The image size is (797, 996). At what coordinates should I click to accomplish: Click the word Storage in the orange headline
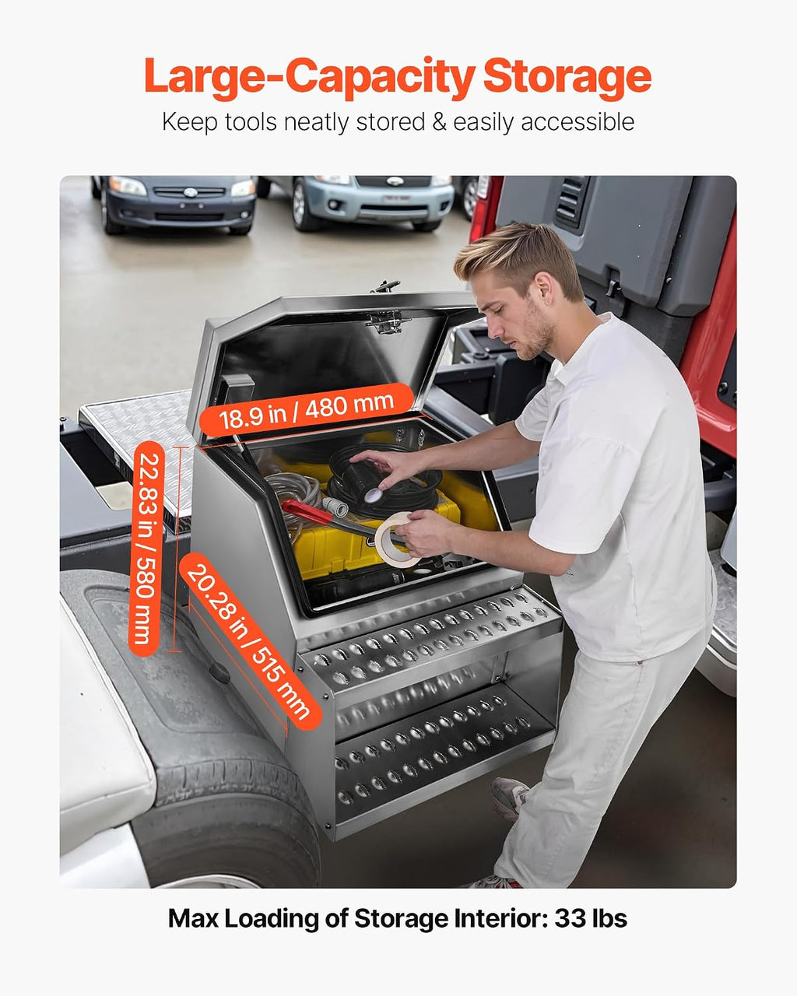(567, 77)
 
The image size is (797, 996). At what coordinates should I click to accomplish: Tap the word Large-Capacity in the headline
(310, 77)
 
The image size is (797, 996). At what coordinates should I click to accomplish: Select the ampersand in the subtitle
(439, 122)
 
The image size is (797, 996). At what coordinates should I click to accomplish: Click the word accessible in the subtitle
(578, 122)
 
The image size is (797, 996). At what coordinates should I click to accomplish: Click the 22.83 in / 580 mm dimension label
(146, 549)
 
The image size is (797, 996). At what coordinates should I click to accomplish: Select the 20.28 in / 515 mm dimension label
(249, 643)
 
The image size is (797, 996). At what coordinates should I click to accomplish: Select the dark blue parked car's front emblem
(190, 192)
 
